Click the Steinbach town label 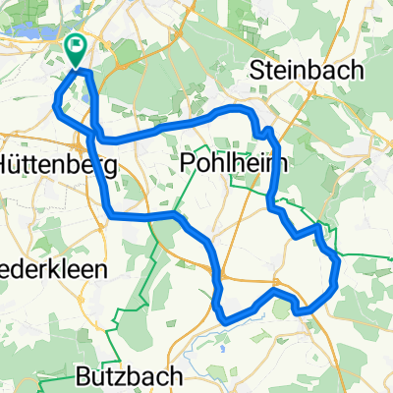(x=308, y=71)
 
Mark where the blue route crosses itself (x=95, y=131)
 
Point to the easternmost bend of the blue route (x=339, y=262)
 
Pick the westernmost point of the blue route (x=54, y=105)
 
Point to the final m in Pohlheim (x=274, y=161)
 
